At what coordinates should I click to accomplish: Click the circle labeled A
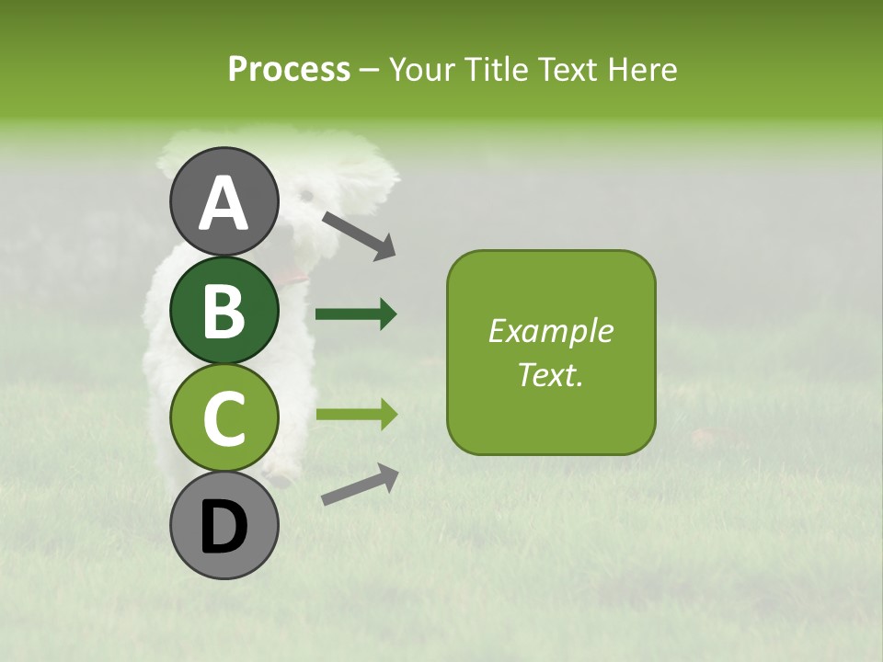point(224,201)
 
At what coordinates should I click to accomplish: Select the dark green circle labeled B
point(224,310)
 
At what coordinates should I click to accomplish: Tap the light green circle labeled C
point(224,418)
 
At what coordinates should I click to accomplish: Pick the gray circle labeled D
point(224,526)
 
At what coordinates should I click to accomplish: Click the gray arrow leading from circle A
point(359,234)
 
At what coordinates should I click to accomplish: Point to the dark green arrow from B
point(356,314)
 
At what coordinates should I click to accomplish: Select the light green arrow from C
point(356,415)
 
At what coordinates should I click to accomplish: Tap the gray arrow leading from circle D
point(360,485)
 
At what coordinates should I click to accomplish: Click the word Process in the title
point(289,70)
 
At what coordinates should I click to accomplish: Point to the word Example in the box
point(550,331)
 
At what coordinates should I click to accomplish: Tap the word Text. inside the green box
point(550,374)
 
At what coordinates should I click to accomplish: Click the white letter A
point(224,203)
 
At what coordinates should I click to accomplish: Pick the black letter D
point(224,527)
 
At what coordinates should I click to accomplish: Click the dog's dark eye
point(306,195)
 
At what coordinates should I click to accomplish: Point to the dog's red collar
point(294,275)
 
